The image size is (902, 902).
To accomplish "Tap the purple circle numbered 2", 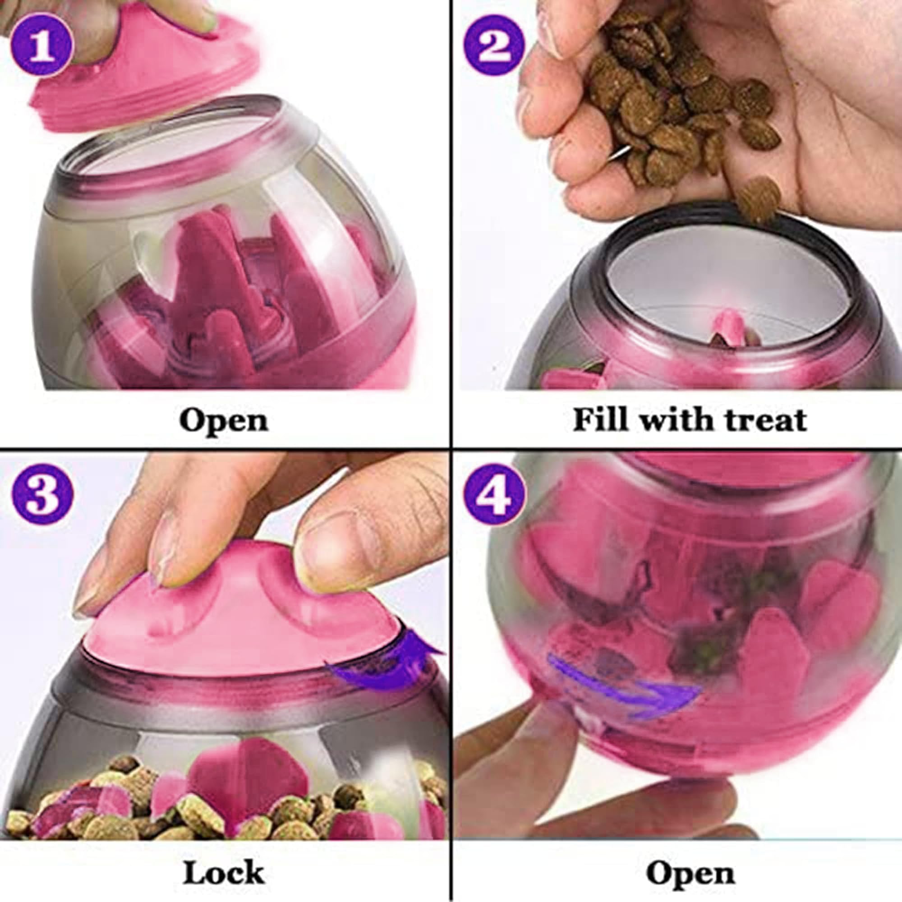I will click(494, 45).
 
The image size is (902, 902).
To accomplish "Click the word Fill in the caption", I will click(599, 419).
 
